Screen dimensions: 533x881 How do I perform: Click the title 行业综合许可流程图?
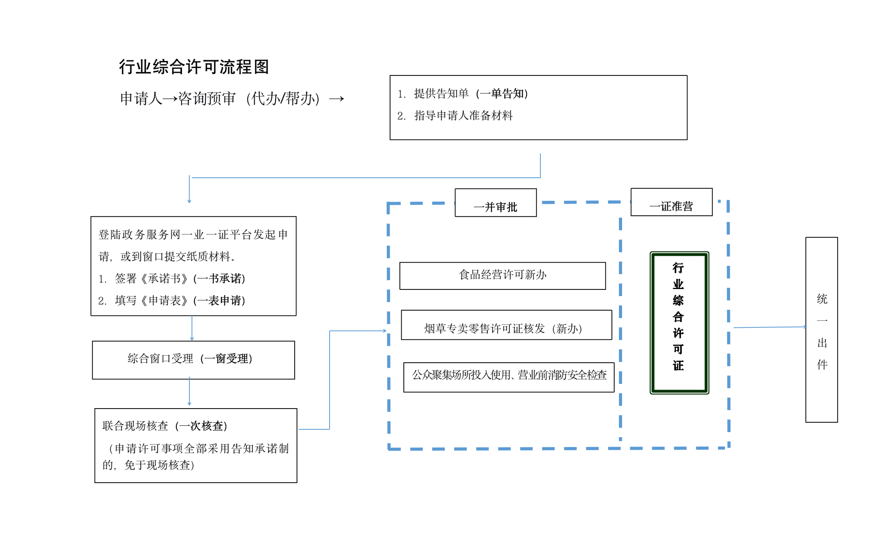click(194, 67)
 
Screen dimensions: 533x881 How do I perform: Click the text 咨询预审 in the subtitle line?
click(207, 98)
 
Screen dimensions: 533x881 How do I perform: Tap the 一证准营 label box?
click(671, 203)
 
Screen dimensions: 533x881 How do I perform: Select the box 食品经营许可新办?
click(502, 276)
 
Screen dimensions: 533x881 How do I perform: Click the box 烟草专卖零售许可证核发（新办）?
click(506, 325)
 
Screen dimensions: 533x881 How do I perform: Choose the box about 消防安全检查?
click(509, 377)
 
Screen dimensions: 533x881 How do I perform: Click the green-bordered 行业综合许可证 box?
click(679, 323)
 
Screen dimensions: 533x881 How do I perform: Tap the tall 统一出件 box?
click(821, 329)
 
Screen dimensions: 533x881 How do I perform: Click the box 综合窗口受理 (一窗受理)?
click(193, 360)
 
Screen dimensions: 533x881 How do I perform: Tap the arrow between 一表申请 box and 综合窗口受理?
click(192, 328)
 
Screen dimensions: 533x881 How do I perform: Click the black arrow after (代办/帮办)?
click(336, 99)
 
